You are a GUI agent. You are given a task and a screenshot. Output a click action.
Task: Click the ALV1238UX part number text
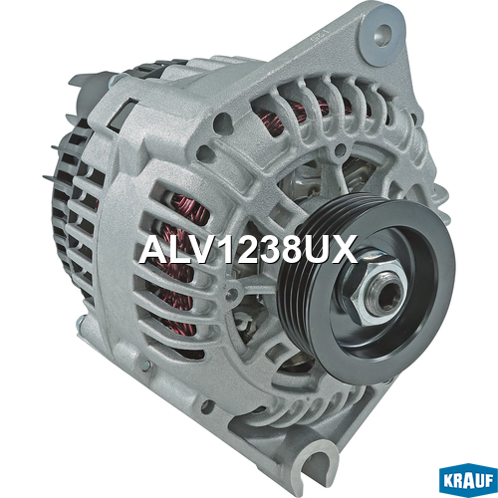tap(248, 249)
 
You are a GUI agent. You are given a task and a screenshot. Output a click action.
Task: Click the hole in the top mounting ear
tap(382, 34)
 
